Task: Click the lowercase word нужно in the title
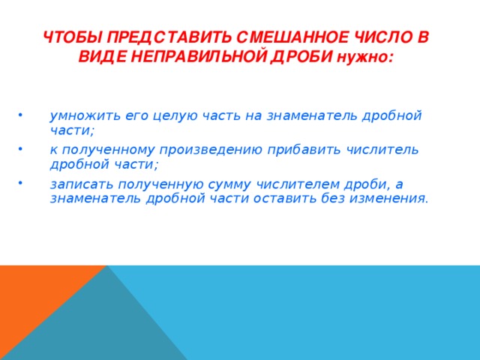(x=363, y=57)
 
